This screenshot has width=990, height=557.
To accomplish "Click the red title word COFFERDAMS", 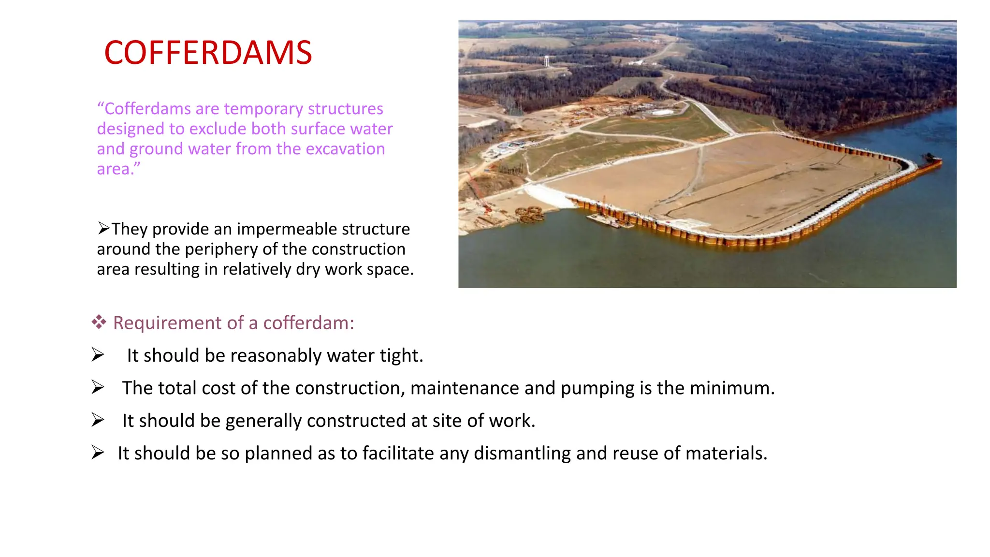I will pyautogui.click(x=208, y=53).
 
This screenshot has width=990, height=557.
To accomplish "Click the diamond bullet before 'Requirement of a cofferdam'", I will pyautogui.click(x=99, y=322).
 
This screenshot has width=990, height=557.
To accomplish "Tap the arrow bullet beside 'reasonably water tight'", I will pyautogui.click(x=98, y=355).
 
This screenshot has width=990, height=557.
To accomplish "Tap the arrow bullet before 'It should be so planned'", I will pyautogui.click(x=98, y=453).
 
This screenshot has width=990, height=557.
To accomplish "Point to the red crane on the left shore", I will pyautogui.click(x=478, y=193).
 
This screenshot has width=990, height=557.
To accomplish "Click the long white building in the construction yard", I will pyautogui.click(x=662, y=112).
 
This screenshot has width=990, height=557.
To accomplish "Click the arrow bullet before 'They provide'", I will pyautogui.click(x=104, y=228).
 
